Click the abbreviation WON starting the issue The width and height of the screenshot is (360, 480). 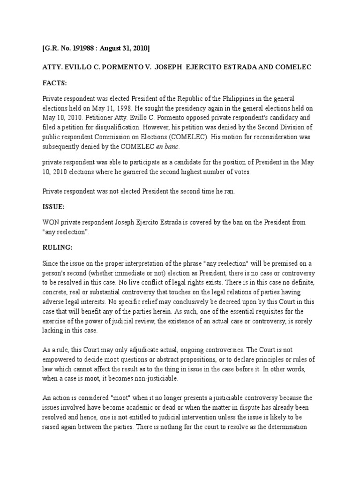click(51, 221)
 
